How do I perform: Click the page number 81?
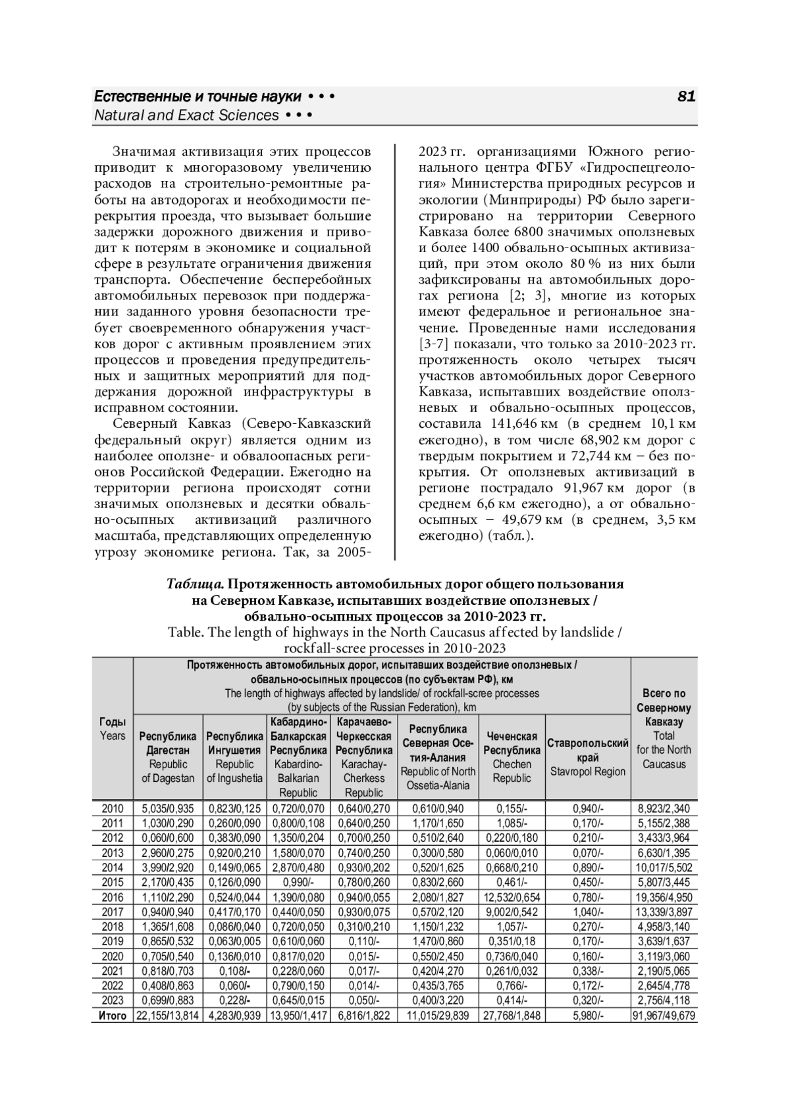[x=686, y=97]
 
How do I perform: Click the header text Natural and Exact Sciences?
[x=187, y=116]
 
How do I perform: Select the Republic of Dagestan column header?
[x=168, y=757]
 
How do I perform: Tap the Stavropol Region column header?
[x=587, y=757]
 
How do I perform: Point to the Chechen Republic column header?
[x=512, y=757]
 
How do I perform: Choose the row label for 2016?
[x=113, y=897]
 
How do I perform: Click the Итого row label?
[x=113, y=1016]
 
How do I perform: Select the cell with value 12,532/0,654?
[x=512, y=897]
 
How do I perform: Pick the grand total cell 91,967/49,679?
[x=664, y=1016]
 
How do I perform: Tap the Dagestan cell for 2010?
[x=168, y=808]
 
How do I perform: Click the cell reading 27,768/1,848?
[x=512, y=1016]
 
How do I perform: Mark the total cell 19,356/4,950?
[x=664, y=897]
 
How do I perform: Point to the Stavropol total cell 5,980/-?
[x=587, y=1016]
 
